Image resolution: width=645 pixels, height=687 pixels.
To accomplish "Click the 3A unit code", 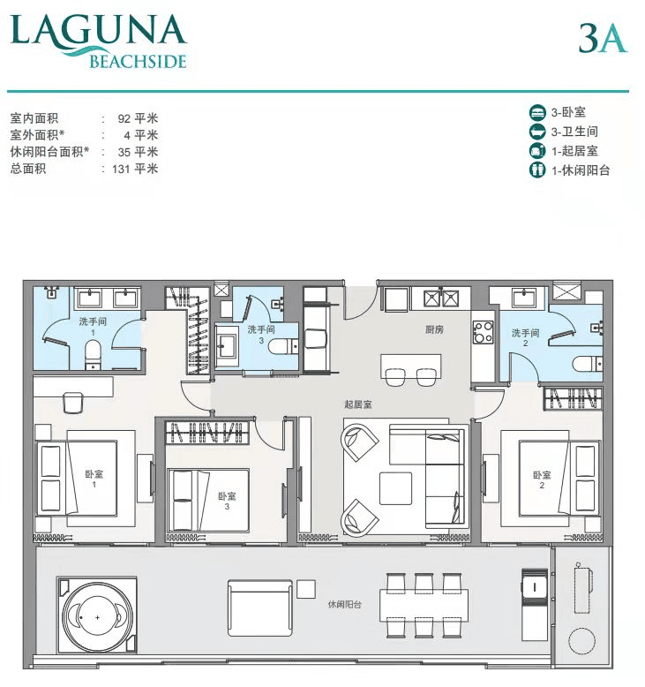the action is pyautogui.click(x=603, y=38).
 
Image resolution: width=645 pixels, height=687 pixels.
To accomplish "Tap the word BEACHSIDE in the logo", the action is pyautogui.click(x=139, y=62).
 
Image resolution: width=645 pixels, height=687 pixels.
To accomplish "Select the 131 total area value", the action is pyautogui.click(x=120, y=170).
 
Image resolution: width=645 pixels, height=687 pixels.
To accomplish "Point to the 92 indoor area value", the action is pyautogui.click(x=124, y=118).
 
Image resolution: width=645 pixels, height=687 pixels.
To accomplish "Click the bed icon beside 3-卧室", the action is pyautogui.click(x=537, y=113).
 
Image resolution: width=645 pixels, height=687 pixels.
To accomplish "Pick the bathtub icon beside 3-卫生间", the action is pyautogui.click(x=537, y=132).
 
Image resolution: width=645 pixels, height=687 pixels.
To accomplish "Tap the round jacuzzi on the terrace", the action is pyautogui.click(x=97, y=617).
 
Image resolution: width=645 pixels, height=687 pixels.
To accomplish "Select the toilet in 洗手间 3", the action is pyautogui.click(x=284, y=346).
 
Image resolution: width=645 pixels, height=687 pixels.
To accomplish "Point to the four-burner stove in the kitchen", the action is pyautogui.click(x=483, y=332).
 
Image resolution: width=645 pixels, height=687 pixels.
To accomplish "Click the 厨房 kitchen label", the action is pyautogui.click(x=434, y=329).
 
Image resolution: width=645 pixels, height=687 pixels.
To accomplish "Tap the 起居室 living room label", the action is pyautogui.click(x=358, y=404).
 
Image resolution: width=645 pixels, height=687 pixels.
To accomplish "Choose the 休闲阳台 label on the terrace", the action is pyautogui.click(x=345, y=605).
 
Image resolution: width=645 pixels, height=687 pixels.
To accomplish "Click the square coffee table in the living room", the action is pyautogui.click(x=395, y=488).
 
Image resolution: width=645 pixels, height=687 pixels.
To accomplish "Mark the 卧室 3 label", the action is pyautogui.click(x=227, y=501).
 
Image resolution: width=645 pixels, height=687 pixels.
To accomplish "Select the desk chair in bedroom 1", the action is pyautogui.click(x=73, y=402).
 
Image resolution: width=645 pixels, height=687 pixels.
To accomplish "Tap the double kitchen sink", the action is pyautogui.click(x=441, y=298).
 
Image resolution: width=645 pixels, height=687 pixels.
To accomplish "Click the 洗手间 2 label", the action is pyautogui.click(x=526, y=338).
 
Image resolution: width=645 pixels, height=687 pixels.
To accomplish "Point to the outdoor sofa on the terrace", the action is pyautogui.click(x=260, y=608).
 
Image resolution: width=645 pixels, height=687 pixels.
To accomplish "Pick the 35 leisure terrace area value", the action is pyautogui.click(x=124, y=153).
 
